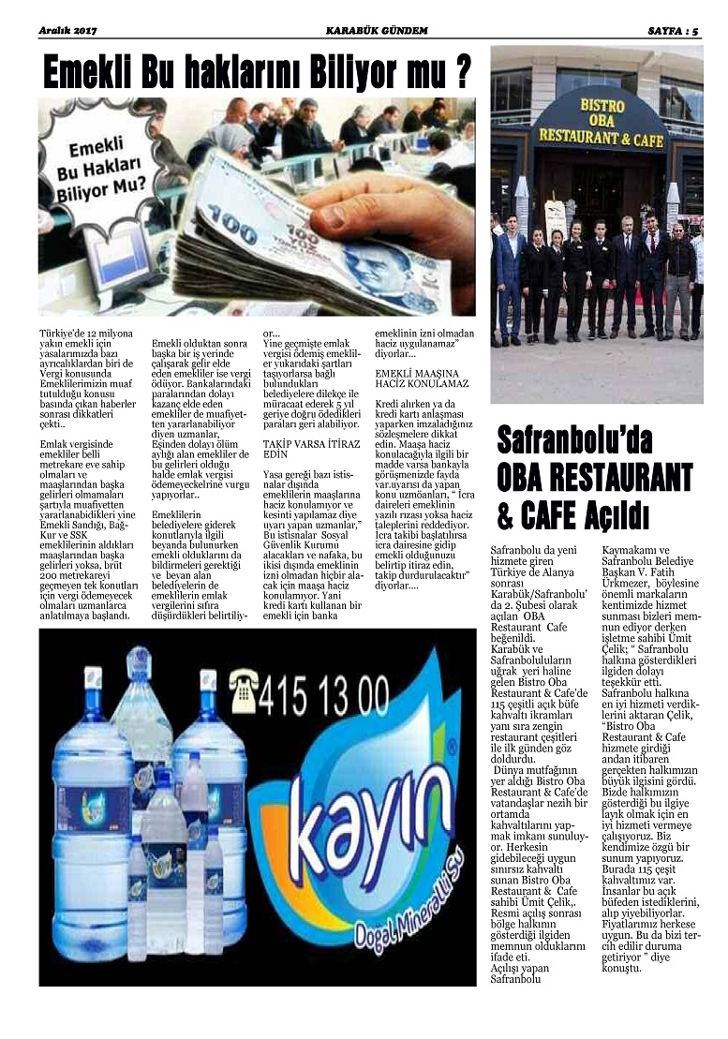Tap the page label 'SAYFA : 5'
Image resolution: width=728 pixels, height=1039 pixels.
(674, 31)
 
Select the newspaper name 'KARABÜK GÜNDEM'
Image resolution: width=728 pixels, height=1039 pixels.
(376, 31)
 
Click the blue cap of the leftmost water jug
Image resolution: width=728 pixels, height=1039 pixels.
(93, 676)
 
